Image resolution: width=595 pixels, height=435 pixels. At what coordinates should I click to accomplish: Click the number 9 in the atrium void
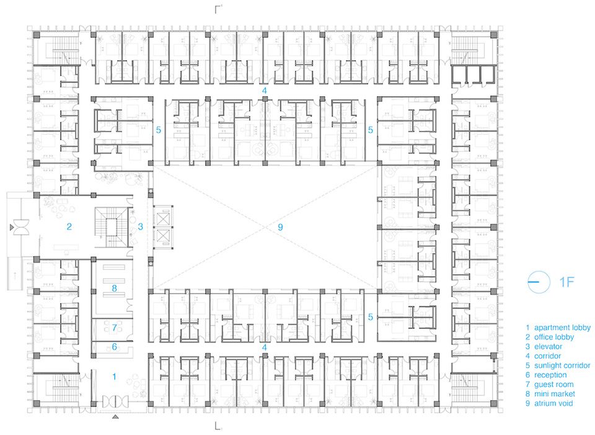(280, 227)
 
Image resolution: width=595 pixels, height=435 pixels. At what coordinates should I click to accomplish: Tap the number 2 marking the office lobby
(69, 226)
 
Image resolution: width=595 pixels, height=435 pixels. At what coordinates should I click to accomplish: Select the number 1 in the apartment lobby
(114, 377)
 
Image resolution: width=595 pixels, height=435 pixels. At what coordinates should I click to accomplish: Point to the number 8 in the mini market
(114, 289)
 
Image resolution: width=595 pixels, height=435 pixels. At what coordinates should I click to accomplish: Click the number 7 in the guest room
(115, 328)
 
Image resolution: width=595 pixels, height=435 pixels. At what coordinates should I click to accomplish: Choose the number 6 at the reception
(114, 347)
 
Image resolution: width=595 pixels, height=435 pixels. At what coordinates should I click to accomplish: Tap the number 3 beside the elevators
(141, 226)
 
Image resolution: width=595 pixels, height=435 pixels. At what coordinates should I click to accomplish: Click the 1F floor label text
(566, 282)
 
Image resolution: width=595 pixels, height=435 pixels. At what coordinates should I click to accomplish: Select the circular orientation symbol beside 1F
(539, 282)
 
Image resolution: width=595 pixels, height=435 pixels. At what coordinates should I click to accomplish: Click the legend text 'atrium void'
(553, 403)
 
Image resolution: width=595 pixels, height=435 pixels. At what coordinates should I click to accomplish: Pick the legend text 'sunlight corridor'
(562, 365)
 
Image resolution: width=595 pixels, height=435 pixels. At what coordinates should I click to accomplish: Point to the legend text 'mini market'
(555, 394)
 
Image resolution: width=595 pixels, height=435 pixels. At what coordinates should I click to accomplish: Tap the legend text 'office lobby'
(554, 337)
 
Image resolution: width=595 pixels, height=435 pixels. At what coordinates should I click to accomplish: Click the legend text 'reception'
(550, 375)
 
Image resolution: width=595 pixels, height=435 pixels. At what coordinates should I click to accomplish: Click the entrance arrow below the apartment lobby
(115, 417)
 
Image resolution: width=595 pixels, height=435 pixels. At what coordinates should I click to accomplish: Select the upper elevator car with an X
(163, 218)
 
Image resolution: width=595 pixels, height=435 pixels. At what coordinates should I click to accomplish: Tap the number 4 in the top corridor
(265, 91)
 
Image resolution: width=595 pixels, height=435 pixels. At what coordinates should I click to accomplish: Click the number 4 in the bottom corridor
(265, 348)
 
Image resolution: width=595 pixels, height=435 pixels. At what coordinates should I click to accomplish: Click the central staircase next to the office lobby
(112, 227)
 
